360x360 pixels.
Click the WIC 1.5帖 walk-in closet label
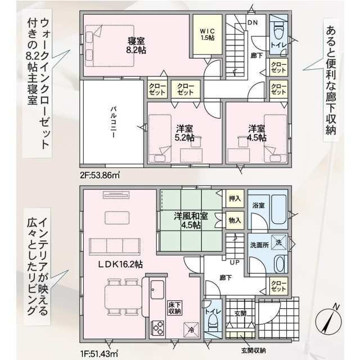[208, 34]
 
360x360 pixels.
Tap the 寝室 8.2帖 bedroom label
[136, 45]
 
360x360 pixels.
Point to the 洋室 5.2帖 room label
[184, 133]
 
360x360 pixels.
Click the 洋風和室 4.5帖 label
[191, 220]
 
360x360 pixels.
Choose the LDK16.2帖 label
[120, 264]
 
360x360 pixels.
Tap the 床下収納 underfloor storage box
[175, 308]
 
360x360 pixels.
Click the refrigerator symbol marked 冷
[191, 330]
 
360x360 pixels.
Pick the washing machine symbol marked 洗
[279, 242]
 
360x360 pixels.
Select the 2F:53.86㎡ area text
[100, 175]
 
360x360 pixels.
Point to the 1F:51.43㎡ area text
[99, 352]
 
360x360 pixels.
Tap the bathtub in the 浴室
[279, 209]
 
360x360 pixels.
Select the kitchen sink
[157, 289]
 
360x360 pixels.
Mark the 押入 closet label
[235, 199]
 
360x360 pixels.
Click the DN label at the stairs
[253, 22]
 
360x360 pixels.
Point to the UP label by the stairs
[235, 262]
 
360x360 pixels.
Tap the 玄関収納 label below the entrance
[254, 350]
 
